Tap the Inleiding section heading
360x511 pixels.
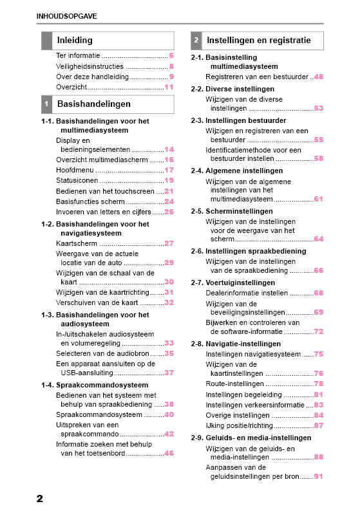click(x=75, y=40)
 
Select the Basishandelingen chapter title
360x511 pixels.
click(x=94, y=103)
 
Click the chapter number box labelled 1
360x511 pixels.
click(x=46, y=104)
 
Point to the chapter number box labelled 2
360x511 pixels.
click(x=196, y=41)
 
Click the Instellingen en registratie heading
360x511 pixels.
click(x=258, y=41)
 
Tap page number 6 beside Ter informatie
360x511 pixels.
click(x=171, y=56)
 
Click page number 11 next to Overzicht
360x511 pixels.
click(x=169, y=87)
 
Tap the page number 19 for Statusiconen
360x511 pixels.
click(x=169, y=181)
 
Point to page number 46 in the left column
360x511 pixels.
click(x=169, y=453)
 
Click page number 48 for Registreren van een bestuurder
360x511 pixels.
click(x=318, y=77)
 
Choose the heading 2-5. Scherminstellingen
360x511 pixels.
click(x=232, y=211)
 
